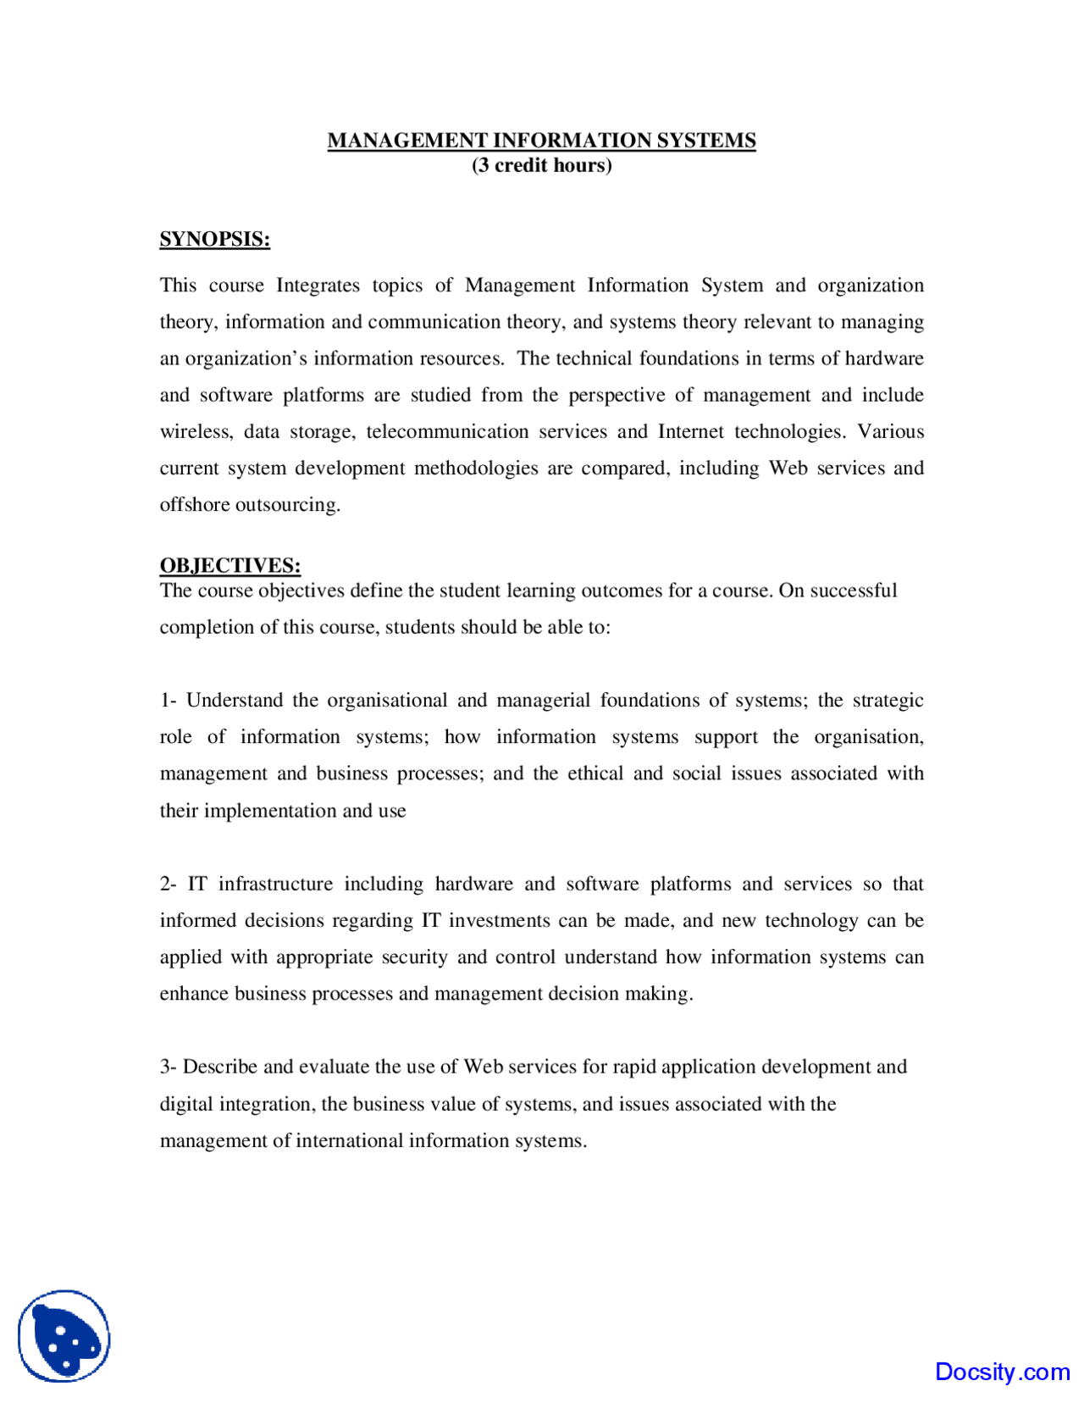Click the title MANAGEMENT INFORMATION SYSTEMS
pyautogui.click(x=541, y=141)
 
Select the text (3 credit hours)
pyautogui.click(x=541, y=165)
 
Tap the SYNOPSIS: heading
pyautogui.click(x=215, y=239)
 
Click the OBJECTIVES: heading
pyautogui.click(x=230, y=565)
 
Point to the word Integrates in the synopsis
pyautogui.click(x=318, y=286)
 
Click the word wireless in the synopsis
pyautogui.click(x=196, y=432)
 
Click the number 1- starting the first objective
pyautogui.click(x=168, y=701)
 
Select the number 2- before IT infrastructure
pyautogui.click(x=168, y=884)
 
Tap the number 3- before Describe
pyautogui.click(x=168, y=1067)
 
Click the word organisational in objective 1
pyautogui.click(x=387, y=701)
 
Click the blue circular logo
pyautogui.click(x=64, y=1336)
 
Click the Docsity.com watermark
pyautogui.click(x=1002, y=1372)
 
